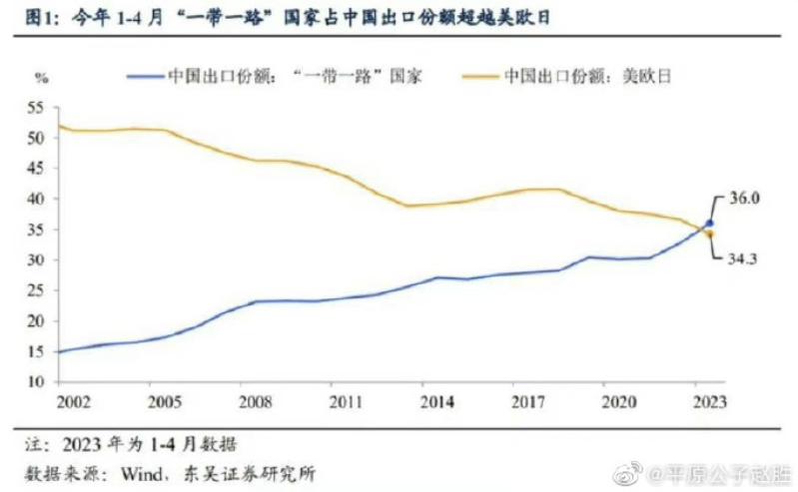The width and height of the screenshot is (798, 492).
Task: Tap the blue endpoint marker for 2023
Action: tap(710, 224)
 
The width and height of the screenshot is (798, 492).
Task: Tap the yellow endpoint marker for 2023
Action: tap(710, 235)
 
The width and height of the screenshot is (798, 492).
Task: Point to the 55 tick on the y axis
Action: tap(38, 107)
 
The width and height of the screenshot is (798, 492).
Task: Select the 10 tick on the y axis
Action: tap(38, 382)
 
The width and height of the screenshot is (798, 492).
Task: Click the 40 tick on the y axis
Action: tap(38, 199)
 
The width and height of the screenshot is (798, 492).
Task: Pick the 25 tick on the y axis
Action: tap(38, 290)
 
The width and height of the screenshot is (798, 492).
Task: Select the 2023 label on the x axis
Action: tap(710, 401)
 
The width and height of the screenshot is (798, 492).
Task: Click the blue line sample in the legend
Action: tap(143, 75)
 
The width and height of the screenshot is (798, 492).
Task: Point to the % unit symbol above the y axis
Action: tap(40, 77)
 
